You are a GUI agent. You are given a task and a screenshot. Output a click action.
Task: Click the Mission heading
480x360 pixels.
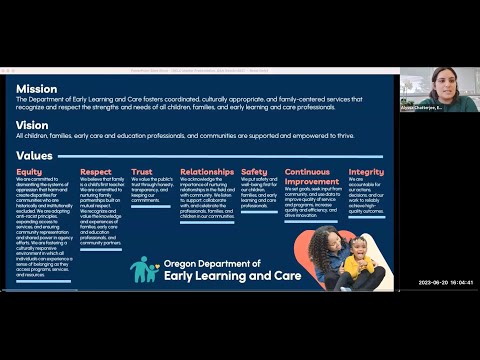[37, 88]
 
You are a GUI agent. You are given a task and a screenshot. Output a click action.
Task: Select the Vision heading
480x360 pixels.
[32, 126]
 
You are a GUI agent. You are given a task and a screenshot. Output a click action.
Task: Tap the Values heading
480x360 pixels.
[35, 156]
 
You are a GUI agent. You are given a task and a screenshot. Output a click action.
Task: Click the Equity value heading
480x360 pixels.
[29, 172]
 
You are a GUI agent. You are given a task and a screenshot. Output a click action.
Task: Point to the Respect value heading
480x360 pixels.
[96, 172]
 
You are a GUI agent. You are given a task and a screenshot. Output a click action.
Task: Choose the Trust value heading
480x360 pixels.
[143, 172]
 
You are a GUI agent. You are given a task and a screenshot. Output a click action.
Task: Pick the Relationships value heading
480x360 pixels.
[207, 172]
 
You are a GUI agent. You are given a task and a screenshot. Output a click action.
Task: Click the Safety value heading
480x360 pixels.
[254, 172]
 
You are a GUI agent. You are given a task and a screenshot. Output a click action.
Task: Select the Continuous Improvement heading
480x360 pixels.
[307, 177]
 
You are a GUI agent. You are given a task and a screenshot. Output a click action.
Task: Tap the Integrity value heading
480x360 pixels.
[366, 172]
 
